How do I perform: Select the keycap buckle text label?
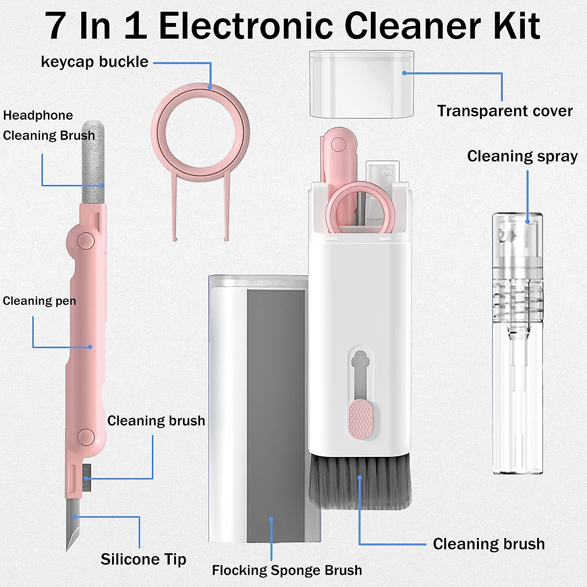coord(94,62)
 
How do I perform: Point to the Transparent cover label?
coord(504,111)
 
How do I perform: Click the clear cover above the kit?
coord(361,84)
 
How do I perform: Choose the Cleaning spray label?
coord(522,156)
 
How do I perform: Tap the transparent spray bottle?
coord(517,342)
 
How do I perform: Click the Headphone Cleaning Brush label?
coord(48,125)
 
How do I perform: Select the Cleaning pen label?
coord(39,301)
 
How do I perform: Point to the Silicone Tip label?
coord(143,559)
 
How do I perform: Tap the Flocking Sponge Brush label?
coord(287,570)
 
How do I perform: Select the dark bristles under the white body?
coord(360,482)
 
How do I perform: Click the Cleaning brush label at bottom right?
coord(488,544)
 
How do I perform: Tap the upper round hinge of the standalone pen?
coord(86,240)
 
